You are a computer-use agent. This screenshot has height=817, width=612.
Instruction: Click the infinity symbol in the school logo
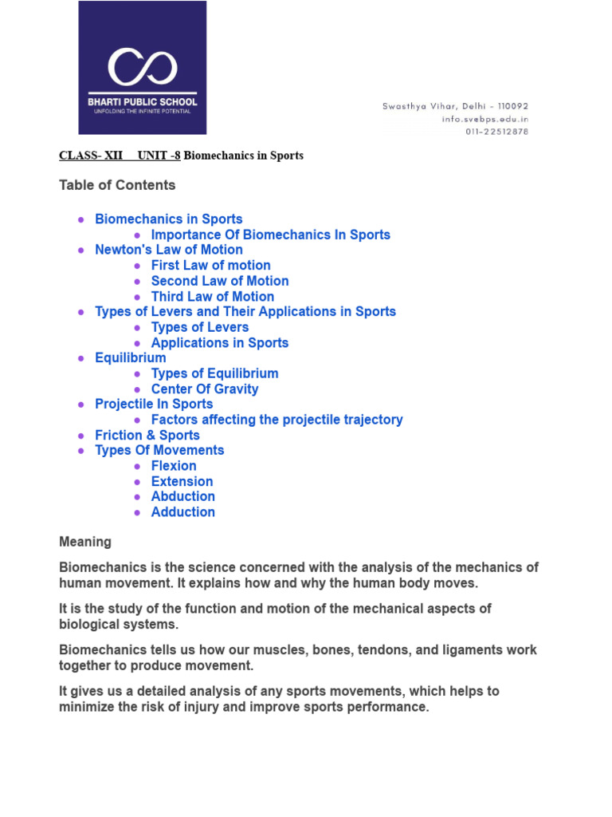click(x=143, y=66)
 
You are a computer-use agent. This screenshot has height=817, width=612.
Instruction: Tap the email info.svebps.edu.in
click(x=484, y=119)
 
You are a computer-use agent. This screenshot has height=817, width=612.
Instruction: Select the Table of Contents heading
click(x=117, y=185)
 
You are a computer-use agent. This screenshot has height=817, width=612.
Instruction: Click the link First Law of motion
click(x=210, y=266)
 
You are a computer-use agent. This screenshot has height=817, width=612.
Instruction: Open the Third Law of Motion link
click(x=212, y=297)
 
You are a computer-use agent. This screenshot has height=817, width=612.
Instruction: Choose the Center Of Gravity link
click(x=204, y=389)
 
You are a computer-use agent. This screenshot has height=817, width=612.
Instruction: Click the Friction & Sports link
click(x=147, y=436)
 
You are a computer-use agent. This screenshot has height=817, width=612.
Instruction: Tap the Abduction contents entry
click(x=182, y=497)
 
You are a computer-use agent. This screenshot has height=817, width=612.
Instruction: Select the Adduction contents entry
click(x=182, y=512)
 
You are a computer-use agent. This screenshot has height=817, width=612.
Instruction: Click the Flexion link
click(x=174, y=466)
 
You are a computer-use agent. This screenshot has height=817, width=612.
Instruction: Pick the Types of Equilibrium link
click(x=214, y=373)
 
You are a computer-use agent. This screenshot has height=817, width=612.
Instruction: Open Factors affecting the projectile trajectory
click(x=277, y=420)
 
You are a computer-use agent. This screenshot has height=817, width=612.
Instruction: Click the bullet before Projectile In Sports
click(x=81, y=405)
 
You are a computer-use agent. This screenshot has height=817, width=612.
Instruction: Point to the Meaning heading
click(x=85, y=543)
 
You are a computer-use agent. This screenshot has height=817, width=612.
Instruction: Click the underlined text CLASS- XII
click(x=91, y=156)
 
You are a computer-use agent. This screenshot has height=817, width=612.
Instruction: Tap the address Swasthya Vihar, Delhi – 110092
click(x=455, y=106)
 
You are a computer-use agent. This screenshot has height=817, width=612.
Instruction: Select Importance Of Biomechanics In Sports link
click(x=270, y=235)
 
